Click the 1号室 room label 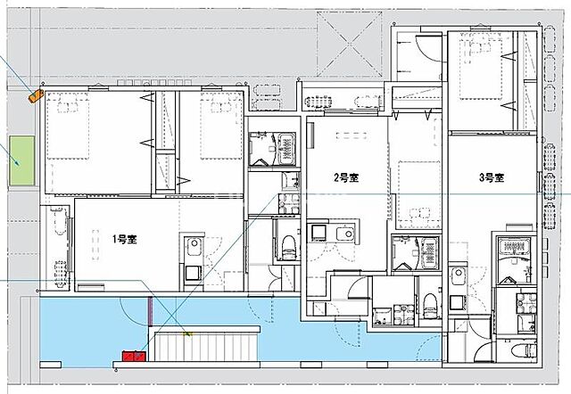pyautogui.click(x=124, y=239)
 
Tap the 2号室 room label pyautogui.click(x=346, y=178)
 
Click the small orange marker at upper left pyautogui.click(x=35, y=94)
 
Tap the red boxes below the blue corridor pyautogui.click(x=133, y=357)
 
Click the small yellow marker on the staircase pyautogui.click(x=187, y=334)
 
